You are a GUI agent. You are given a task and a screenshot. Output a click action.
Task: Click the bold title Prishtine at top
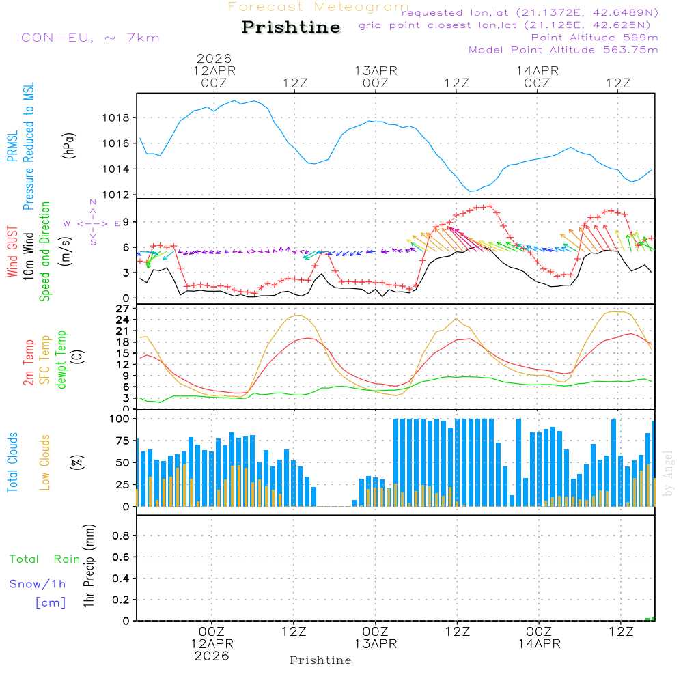click(x=291, y=27)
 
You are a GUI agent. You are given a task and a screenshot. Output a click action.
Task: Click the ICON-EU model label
click(x=87, y=38)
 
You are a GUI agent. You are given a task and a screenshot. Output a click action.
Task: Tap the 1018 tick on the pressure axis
click(x=120, y=117)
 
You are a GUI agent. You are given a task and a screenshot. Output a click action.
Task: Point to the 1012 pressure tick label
click(x=120, y=195)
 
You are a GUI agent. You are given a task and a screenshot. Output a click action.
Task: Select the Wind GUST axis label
click(x=12, y=254)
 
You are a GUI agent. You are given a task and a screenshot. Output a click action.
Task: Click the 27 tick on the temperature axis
click(x=123, y=309)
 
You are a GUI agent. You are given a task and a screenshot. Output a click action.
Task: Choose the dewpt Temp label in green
click(x=62, y=360)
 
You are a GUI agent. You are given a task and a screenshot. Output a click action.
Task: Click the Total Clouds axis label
click(x=12, y=462)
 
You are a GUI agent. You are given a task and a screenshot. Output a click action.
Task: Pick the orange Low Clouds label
click(x=45, y=462)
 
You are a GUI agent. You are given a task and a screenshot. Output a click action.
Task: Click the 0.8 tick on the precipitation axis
click(x=121, y=536)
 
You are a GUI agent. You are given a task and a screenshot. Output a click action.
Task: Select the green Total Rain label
click(x=44, y=559)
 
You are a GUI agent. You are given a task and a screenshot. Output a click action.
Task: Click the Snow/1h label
click(x=38, y=585)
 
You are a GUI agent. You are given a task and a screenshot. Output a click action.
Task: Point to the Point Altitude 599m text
click(x=594, y=38)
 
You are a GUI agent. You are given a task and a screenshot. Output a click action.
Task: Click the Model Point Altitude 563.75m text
click(x=563, y=50)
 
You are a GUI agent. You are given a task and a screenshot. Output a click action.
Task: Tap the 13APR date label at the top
click(x=376, y=70)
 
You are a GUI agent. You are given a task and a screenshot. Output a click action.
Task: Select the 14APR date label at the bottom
click(x=538, y=644)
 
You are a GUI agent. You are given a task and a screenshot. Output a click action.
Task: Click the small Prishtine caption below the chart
click(x=320, y=660)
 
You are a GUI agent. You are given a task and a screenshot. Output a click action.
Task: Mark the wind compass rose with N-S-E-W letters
click(x=92, y=223)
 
